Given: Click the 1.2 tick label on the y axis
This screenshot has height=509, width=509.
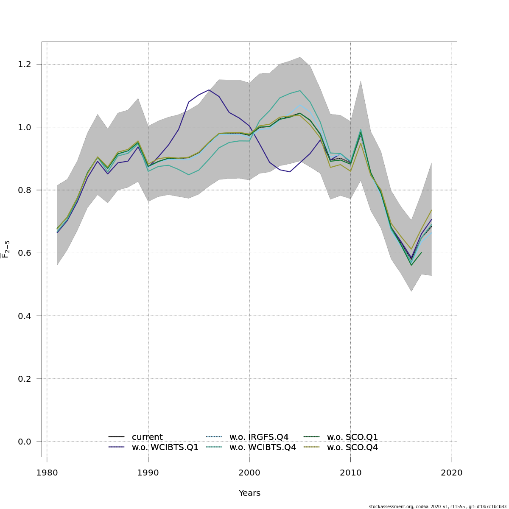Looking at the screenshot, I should (x=25, y=64).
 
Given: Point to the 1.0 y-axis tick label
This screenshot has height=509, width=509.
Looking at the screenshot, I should (x=25, y=127).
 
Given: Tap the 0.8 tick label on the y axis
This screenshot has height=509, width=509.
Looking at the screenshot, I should (x=25, y=190).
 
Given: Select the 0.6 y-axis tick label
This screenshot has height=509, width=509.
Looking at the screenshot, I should (x=25, y=253).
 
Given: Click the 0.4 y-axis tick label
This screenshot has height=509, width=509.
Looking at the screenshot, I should (x=25, y=316).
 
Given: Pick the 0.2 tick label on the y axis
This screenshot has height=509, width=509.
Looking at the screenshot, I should (x=25, y=379).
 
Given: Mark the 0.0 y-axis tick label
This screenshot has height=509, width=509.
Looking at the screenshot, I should (x=25, y=442).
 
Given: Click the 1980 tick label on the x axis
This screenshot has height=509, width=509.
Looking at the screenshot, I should (x=47, y=473).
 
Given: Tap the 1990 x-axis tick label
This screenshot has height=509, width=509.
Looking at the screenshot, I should (x=148, y=473).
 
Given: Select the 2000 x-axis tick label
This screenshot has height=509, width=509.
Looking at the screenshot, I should (x=249, y=473).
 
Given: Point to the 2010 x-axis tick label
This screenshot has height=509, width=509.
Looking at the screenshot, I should (x=350, y=473).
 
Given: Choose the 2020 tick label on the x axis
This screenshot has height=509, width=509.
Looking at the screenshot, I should (x=452, y=473).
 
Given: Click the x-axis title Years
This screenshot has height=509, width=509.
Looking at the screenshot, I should (x=249, y=493).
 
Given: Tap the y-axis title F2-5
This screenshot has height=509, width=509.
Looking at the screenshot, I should (x=6, y=249).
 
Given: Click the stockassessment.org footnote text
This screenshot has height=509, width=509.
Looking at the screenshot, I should (x=437, y=506).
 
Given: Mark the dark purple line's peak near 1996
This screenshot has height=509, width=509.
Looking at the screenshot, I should (x=209, y=89).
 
